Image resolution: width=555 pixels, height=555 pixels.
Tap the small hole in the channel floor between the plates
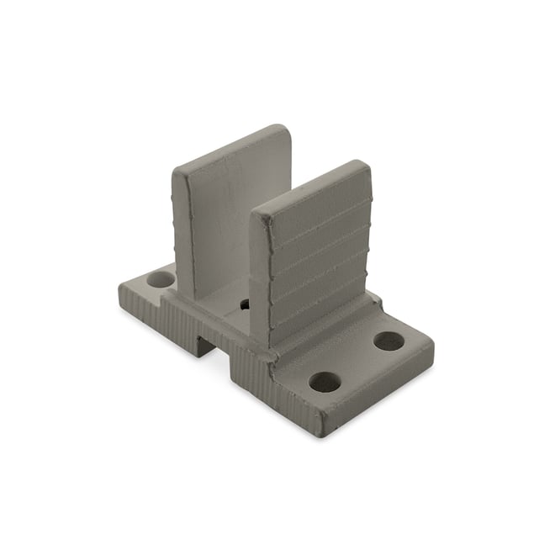pyautogui.click(x=244, y=304)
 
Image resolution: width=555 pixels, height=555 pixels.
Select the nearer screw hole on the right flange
pyautogui.click(x=325, y=383)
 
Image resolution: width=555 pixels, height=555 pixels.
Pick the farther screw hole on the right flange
pyautogui.click(x=388, y=341)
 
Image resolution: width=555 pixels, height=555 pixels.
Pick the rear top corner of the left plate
pyautogui.click(x=283, y=130)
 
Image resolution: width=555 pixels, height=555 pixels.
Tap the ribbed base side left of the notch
pyautogui.click(x=151, y=315)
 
